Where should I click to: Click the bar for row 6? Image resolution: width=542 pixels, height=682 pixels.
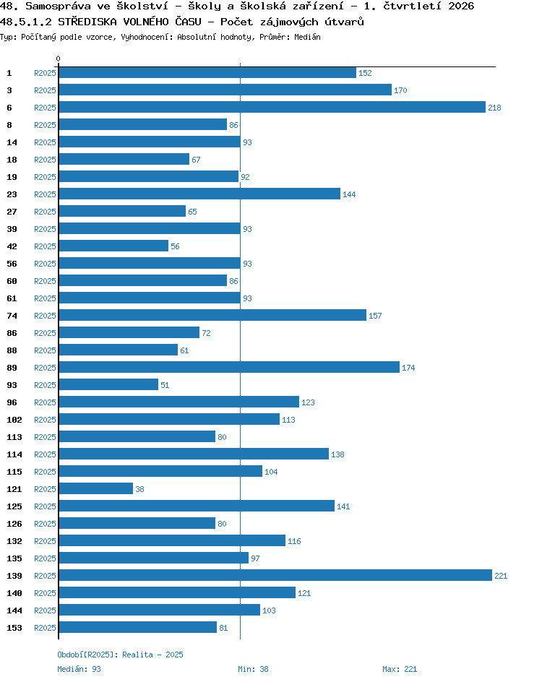point(272,107)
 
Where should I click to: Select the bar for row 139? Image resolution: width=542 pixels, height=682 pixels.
point(275,575)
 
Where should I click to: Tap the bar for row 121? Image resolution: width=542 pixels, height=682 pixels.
point(95,488)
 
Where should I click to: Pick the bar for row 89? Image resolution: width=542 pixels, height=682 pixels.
point(229,367)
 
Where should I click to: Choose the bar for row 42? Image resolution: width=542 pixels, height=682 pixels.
point(113,246)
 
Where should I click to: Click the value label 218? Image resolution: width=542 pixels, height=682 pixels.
point(494,108)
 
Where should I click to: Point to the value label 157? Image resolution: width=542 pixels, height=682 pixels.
point(375,316)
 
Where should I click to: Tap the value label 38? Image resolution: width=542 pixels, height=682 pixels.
point(139,489)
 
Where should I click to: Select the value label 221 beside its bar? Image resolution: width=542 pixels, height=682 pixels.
point(501,576)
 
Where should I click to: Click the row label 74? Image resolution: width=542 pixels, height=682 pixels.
point(12,316)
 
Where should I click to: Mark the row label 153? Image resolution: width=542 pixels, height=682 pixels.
point(14,628)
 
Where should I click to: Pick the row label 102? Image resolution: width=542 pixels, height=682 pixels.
point(14,420)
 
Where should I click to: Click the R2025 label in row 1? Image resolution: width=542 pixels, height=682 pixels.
point(46,73)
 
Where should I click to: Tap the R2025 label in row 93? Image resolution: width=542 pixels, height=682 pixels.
point(46,385)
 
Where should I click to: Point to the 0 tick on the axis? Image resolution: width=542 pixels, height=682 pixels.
point(59,59)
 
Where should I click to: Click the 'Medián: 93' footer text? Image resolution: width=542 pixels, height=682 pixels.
point(79,669)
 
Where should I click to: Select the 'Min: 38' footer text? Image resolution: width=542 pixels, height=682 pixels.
point(253,669)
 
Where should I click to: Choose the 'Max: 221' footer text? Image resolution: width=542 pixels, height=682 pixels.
point(400,669)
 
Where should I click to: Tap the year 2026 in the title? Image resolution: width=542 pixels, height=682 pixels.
point(461,6)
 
